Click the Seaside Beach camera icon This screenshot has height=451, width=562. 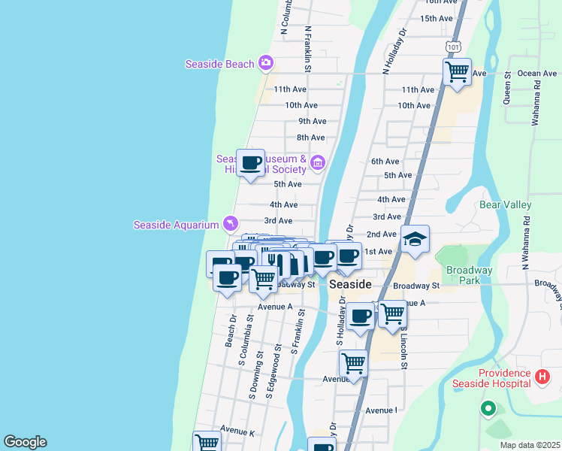point(265,63)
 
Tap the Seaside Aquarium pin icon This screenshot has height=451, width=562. point(230,223)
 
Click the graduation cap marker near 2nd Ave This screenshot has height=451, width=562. point(415,240)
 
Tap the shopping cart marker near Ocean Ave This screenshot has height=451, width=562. point(457,72)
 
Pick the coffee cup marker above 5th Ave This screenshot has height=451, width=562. point(250,162)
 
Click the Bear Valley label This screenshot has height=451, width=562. point(506,204)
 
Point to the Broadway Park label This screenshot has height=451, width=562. point(469,275)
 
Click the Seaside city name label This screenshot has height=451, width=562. point(350,285)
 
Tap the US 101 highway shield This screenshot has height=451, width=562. point(452,47)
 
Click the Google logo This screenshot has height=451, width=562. point(25,442)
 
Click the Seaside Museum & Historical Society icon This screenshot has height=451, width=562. point(317,162)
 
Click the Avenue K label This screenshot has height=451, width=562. point(237,432)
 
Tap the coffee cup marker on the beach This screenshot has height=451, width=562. point(227,278)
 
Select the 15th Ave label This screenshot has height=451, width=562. point(437,19)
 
